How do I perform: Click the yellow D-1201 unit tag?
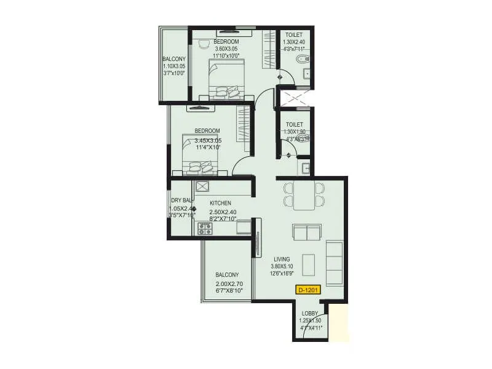pyautogui.click(x=307, y=289)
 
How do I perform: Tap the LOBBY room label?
pyautogui.click(x=310, y=313)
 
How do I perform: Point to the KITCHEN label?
pyautogui.click(x=220, y=203)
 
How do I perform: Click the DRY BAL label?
pyautogui.click(x=181, y=200)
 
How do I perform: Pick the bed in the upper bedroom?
pyautogui.click(x=226, y=80)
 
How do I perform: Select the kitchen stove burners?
pyautogui.click(x=204, y=229)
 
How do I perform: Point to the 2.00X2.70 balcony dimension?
pyautogui.click(x=229, y=284)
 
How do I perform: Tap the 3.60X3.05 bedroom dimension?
pyautogui.click(x=226, y=49)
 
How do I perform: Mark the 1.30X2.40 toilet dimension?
pyautogui.click(x=294, y=42)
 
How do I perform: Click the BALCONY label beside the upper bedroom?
pyautogui.click(x=174, y=59)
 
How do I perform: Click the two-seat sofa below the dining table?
pyautogui.click(x=306, y=232)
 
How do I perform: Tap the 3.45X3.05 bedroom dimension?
pyautogui.click(x=208, y=141)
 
